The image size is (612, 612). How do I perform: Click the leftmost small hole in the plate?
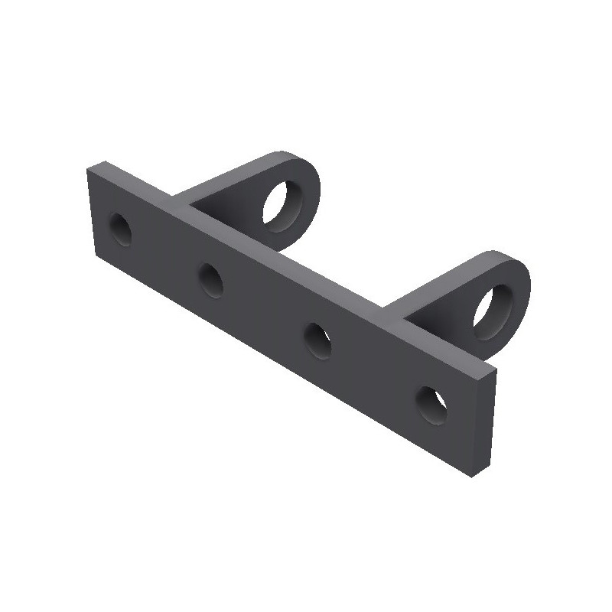coord(120,229)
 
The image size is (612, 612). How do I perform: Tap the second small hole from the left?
coord(211,279)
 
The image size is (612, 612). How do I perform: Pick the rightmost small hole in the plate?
coord(431,403)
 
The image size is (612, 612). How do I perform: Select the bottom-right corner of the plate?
coord(474,476)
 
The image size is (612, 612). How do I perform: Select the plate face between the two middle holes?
coord(264,310)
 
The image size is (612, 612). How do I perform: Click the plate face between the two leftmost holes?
coord(165,254)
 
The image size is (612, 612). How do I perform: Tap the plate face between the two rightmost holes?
coord(375,372)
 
